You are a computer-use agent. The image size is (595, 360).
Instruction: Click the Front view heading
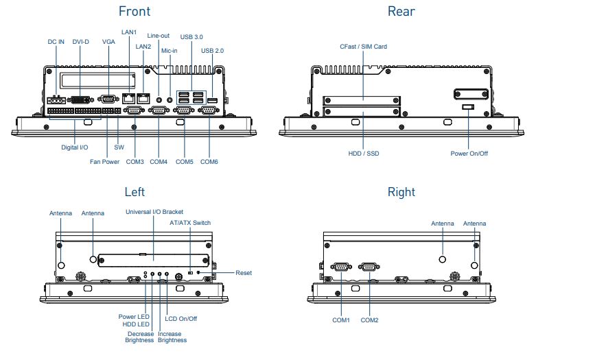(x=134, y=11)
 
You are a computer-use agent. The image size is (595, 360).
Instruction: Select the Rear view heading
(x=401, y=11)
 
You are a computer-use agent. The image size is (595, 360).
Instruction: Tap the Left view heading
(x=135, y=192)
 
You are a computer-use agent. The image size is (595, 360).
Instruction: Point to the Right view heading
(x=401, y=192)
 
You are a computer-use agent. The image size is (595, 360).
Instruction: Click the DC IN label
(x=56, y=42)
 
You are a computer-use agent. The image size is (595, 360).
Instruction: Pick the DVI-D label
(x=80, y=42)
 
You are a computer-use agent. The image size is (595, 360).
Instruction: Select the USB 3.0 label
(x=191, y=36)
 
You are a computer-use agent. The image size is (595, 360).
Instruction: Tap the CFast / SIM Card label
(x=363, y=47)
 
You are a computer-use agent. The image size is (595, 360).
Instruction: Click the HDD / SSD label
(x=363, y=154)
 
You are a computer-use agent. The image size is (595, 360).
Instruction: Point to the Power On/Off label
(x=469, y=154)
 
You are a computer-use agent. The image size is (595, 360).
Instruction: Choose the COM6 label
(x=210, y=162)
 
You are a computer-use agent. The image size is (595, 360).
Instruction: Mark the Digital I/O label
(x=74, y=147)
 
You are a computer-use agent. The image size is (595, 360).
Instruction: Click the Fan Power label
(x=104, y=162)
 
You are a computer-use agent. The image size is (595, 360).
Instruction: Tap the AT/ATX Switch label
(x=190, y=223)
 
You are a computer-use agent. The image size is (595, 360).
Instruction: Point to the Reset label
(x=244, y=273)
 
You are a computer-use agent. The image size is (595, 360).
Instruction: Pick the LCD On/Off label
(x=181, y=318)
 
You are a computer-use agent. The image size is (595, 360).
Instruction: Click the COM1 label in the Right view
(x=341, y=320)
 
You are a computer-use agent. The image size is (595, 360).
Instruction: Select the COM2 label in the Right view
(x=370, y=320)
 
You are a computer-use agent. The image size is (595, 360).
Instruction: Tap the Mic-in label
(x=170, y=51)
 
